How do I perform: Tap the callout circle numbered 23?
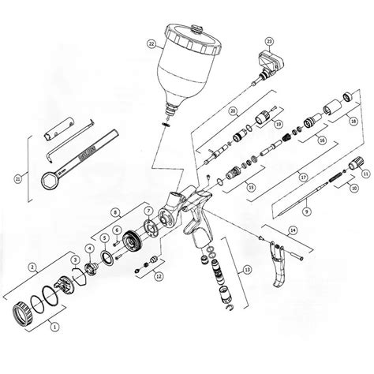tap(269, 40)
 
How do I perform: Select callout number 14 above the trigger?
tap(292, 230)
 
